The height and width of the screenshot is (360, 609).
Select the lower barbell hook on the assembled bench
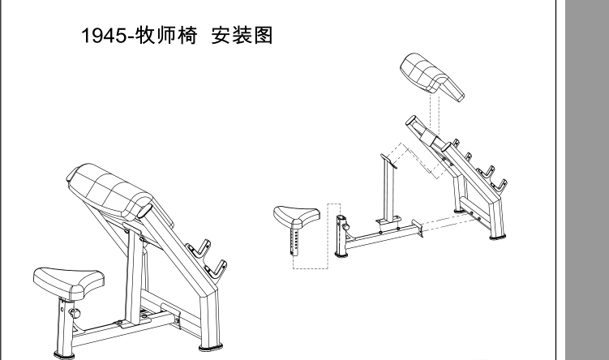click(x=217, y=267)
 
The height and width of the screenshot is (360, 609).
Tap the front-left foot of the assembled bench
click(x=61, y=354)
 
